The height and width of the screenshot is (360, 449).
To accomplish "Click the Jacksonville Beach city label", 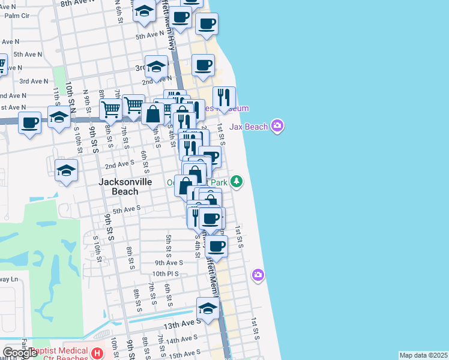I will point(119,185).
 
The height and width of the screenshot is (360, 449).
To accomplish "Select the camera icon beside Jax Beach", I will point(277,126).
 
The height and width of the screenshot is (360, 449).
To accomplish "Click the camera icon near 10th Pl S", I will point(258,275).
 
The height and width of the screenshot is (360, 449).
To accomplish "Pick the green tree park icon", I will point(237,181).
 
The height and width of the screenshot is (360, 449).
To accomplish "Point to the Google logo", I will point(19,353).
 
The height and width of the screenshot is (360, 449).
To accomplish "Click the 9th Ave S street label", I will point(168,263).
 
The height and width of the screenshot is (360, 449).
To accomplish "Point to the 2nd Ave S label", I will point(119,163).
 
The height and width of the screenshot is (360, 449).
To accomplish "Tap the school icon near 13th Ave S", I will point(208,309).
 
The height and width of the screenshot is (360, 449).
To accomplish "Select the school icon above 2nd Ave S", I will point(66,170).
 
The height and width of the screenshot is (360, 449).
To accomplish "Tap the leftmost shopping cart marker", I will point(110,109).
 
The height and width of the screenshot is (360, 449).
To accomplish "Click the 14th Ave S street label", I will point(181,340).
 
